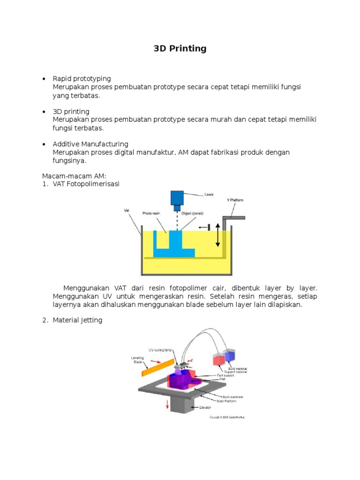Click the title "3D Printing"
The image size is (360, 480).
point(180,49)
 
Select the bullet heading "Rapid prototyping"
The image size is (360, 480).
point(82,78)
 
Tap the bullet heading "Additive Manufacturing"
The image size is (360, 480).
point(90,144)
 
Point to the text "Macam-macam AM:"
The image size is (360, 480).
point(74,176)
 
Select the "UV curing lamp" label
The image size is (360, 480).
point(161,350)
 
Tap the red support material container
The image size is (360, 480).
point(219,360)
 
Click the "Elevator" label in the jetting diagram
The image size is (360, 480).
point(205,407)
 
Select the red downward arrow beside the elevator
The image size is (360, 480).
point(167,405)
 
